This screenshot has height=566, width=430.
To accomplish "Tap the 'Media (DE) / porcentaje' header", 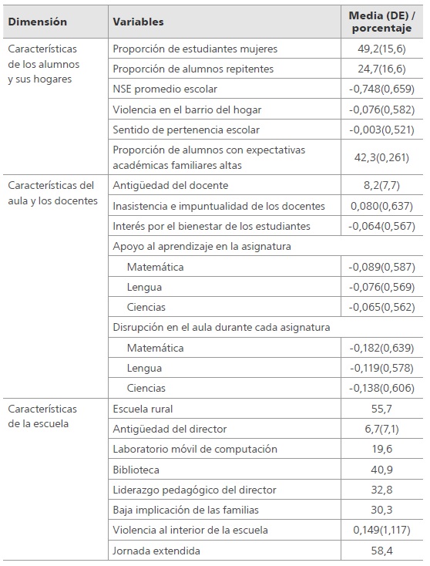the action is coord(381,22).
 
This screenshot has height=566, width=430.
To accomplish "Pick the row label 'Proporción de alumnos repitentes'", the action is coord(193,69).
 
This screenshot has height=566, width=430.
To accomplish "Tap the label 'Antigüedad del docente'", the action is coord(170,185).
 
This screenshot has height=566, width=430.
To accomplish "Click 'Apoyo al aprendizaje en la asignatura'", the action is coord(207,246).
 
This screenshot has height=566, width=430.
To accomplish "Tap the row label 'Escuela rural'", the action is coord(143,409).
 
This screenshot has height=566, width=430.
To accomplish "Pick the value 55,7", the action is coord(381,409).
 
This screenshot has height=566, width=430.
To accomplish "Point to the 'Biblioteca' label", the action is coord(136,469).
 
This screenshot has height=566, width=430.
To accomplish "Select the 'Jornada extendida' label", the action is coord(156,551).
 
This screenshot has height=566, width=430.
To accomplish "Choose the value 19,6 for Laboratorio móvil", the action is coord(381,449).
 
